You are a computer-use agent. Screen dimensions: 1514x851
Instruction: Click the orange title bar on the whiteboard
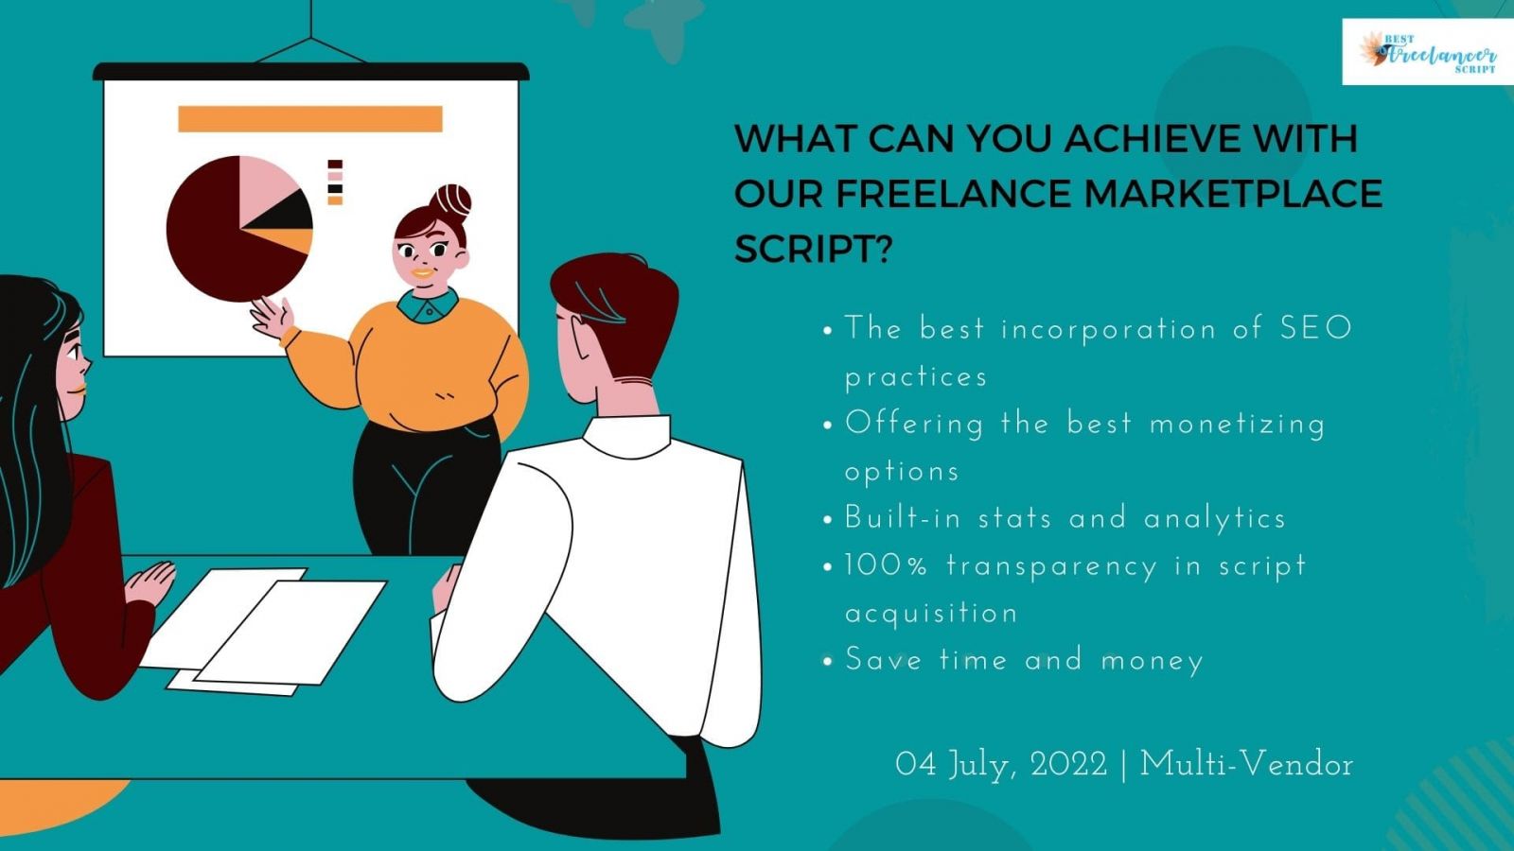click(x=310, y=119)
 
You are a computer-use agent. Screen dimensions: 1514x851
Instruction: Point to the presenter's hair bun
click(x=450, y=200)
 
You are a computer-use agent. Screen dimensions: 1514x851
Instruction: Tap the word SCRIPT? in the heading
click(x=813, y=250)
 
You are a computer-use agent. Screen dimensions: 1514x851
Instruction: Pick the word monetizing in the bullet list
click(x=1237, y=425)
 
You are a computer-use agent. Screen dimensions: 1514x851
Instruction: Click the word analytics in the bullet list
click(x=1215, y=519)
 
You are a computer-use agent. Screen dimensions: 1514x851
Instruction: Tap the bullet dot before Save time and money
click(x=827, y=661)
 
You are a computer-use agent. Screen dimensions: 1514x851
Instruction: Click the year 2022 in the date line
click(x=1068, y=765)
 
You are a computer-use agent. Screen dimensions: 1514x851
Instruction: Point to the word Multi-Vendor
click(x=1246, y=765)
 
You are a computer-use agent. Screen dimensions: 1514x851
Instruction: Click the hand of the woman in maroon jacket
click(x=150, y=582)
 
